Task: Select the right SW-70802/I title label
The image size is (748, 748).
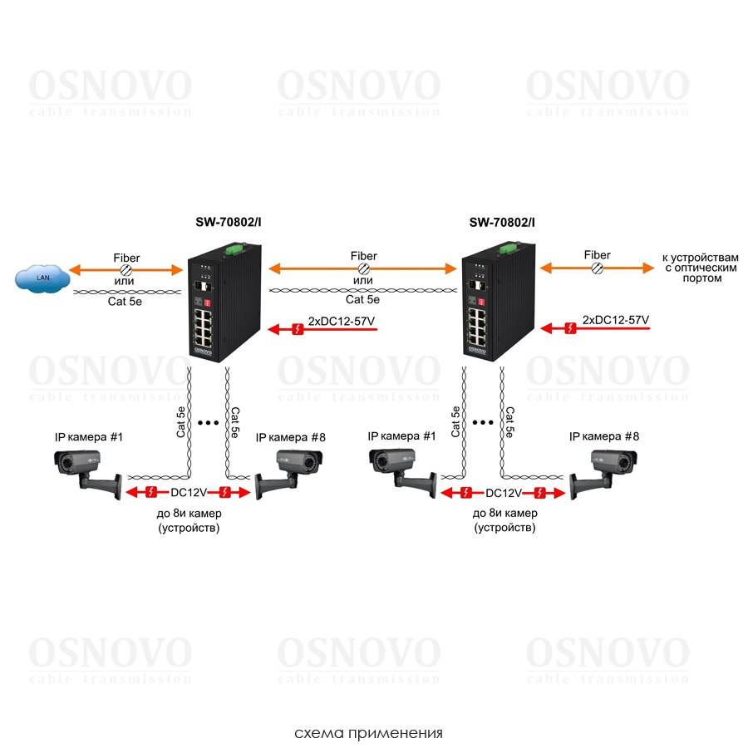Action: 502,222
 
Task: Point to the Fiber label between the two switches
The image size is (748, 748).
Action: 363,256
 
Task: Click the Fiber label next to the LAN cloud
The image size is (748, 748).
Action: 126,258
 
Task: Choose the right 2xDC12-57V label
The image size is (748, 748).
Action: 616,319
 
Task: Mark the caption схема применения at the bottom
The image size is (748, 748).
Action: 368,733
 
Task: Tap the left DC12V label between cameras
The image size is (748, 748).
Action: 188,492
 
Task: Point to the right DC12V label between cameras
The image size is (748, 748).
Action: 504,492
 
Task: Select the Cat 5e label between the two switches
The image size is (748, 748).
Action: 363,300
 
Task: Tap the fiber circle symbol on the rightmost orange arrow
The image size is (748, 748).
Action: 597,268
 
